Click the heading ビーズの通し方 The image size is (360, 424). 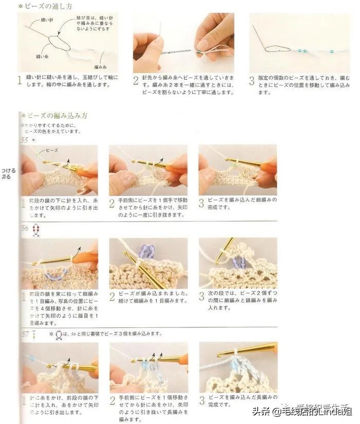tap(47, 6)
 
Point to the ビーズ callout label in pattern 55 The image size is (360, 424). tap(52, 151)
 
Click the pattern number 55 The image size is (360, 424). tap(24, 140)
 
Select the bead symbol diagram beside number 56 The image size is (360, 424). tap(35, 230)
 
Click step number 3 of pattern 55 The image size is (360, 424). tap(202, 203)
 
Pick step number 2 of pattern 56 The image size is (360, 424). tap(112, 297)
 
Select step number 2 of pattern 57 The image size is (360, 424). tap(112, 400)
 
